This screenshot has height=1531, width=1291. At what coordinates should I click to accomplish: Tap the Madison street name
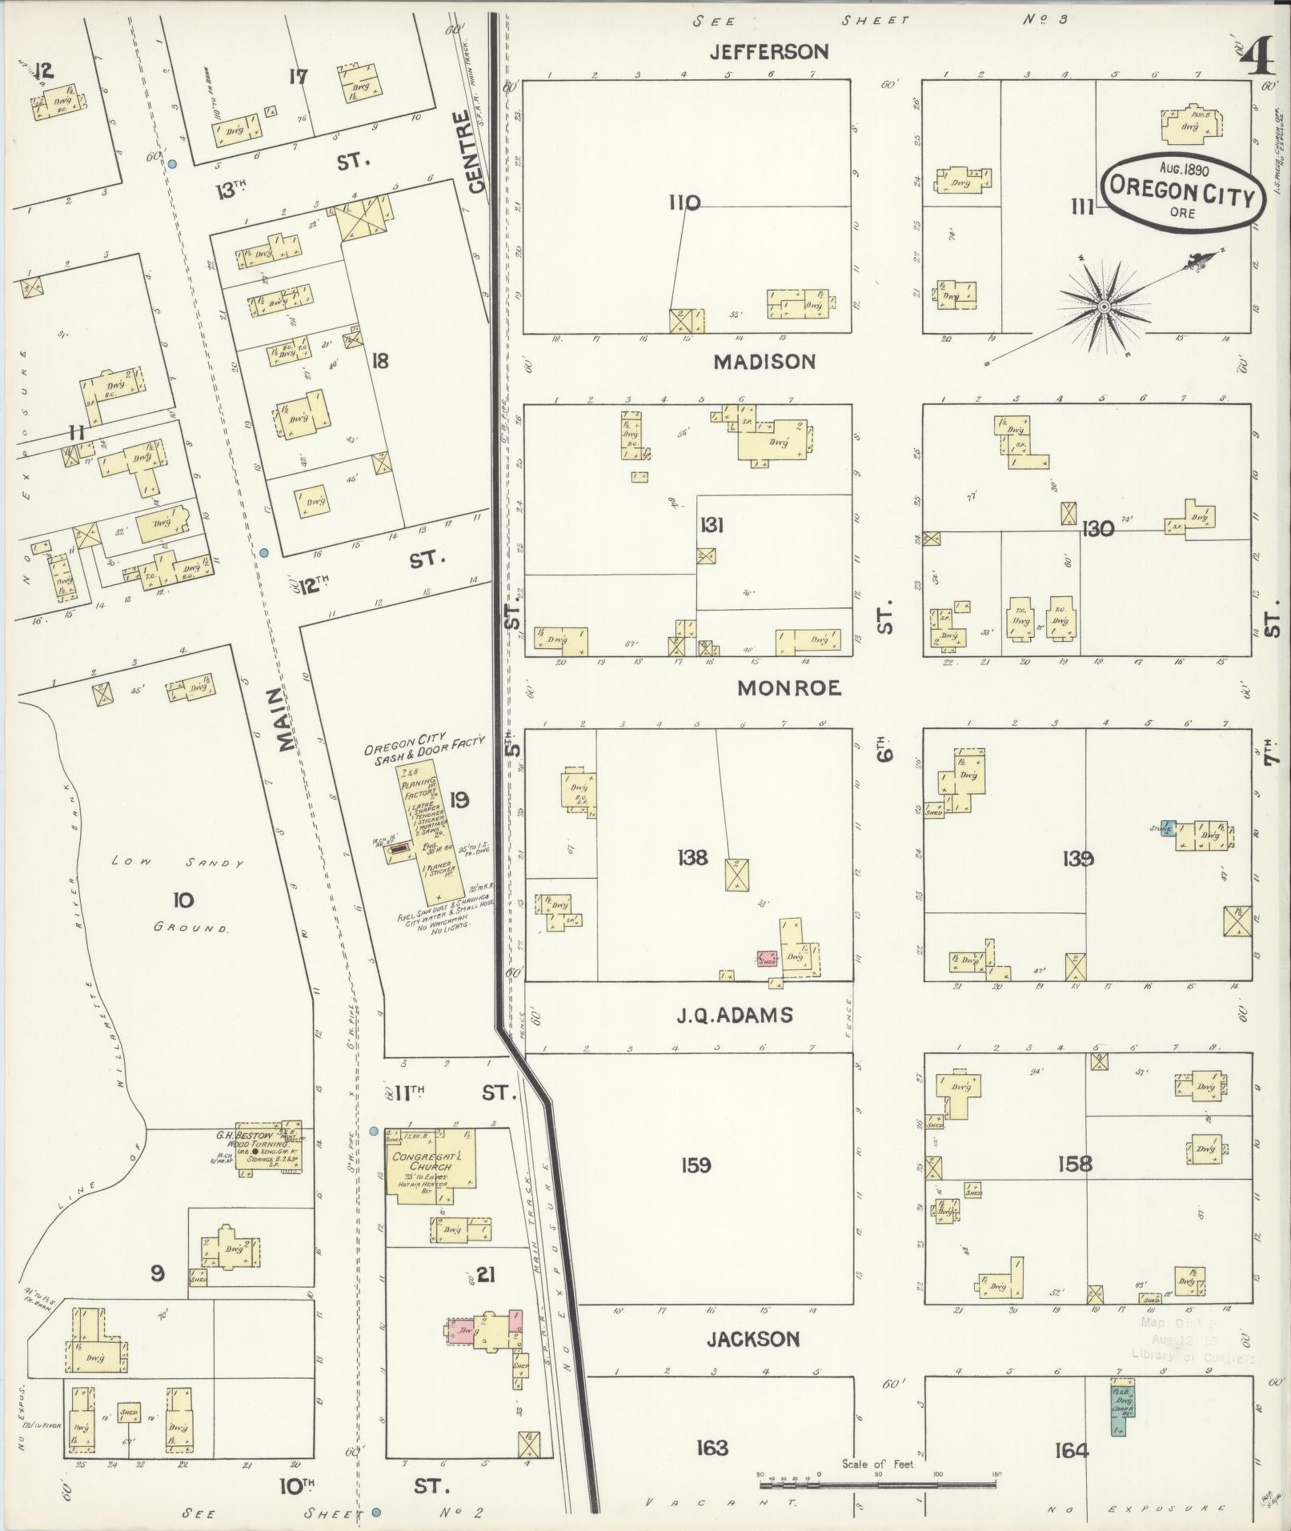[764, 362]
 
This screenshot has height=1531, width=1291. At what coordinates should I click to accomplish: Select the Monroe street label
[788, 688]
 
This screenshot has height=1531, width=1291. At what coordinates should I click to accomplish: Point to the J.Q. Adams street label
[735, 1016]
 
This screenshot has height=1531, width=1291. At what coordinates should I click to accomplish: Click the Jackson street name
[753, 1339]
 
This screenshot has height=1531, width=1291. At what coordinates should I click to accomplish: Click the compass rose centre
[1104, 307]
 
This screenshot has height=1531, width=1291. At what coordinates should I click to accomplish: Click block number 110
[684, 203]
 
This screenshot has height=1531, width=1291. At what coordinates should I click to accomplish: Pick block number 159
[695, 1165]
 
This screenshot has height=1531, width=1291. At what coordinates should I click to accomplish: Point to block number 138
[692, 858]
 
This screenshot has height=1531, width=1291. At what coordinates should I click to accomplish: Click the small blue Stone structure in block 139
[1168, 828]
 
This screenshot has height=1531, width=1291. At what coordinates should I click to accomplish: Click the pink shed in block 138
[768, 959]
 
